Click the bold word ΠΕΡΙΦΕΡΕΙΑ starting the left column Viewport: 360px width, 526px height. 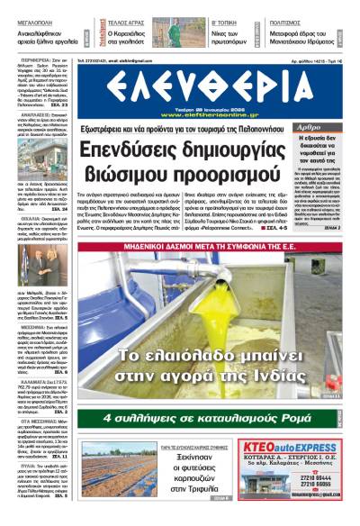pos(27,67)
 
